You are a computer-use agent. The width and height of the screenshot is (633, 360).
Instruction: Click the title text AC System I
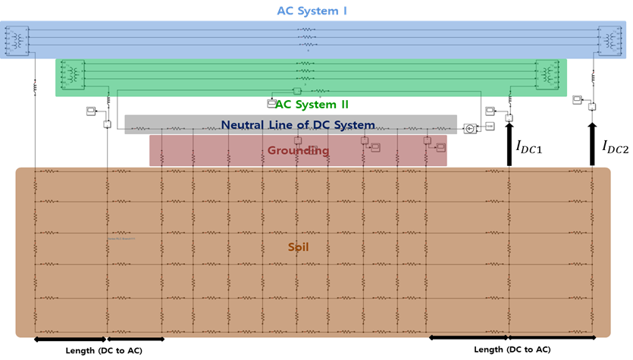click(x=312, y=11)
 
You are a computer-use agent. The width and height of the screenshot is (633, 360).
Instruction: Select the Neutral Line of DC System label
click(x=298, y=125)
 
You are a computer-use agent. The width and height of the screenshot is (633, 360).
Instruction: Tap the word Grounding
click(x=298, y=150)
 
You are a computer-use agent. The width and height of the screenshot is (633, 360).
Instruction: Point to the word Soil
click(x=299, y=247)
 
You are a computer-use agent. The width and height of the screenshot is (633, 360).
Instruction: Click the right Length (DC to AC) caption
click(x=512, y=349)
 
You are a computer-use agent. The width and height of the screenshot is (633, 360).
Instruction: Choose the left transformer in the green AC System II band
click(x=72, y=74)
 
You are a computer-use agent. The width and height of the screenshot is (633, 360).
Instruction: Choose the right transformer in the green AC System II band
click(x=547, y=74)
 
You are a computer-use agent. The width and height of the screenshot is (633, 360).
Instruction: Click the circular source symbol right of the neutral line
click(x=471, y=128)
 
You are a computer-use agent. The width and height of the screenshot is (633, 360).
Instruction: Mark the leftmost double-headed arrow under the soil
click(x=71, y=339)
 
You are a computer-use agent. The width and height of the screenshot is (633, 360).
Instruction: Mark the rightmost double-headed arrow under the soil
click(x=550, y=338)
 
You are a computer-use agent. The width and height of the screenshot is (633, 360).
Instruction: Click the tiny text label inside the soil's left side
click(x=122, y=239)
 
